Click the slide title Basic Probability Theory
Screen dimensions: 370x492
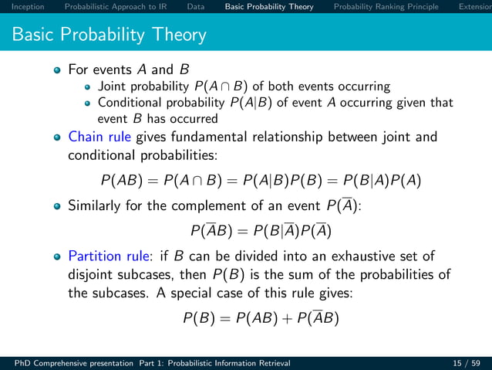pos(110,35)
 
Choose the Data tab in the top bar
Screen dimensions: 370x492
pos(196,7)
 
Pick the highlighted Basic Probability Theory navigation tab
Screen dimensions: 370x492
pos(269,7)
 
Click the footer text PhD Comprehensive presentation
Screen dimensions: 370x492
pos(68,362)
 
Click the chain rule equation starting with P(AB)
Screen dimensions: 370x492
pos(261,181)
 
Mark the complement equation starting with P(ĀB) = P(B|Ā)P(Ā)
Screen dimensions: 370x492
pos(261,231)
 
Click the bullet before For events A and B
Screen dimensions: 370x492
pos(57,70)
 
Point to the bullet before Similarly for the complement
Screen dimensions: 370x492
pos(57,206)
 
